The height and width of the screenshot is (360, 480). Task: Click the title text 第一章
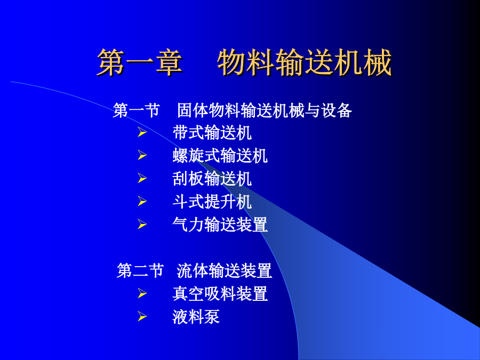click(140, 62)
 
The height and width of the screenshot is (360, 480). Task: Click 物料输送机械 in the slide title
click(305, 62)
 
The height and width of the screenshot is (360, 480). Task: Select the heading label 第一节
click(137, 110)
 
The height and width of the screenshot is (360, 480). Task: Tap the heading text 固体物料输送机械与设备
click(265, 110)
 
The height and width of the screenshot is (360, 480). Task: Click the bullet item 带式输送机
click(212, 133)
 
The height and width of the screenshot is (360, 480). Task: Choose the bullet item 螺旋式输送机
click(220, 156)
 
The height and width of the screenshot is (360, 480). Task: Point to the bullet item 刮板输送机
click(212, 179)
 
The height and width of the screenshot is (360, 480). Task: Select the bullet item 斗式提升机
click(212, 202)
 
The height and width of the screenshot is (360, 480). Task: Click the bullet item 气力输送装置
click(220, 225)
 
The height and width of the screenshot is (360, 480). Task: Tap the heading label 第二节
click(140, 270)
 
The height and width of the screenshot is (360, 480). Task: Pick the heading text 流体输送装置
click(225, 270)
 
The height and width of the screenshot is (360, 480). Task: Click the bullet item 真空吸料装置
click(220, 293)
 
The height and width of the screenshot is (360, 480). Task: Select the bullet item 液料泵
click(196, 316)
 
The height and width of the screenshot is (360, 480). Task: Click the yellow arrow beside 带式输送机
click(142, 132)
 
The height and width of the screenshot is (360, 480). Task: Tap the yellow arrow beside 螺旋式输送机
click(142, 155)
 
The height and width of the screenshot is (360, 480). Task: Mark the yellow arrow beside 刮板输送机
click(142, 178)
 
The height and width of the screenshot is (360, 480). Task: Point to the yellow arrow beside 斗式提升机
click(142, 201)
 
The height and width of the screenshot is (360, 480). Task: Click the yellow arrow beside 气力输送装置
click(142, 224)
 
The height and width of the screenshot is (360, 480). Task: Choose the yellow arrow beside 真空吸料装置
click(142, 293)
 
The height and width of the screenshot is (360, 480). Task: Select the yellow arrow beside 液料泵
click(142, 316)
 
